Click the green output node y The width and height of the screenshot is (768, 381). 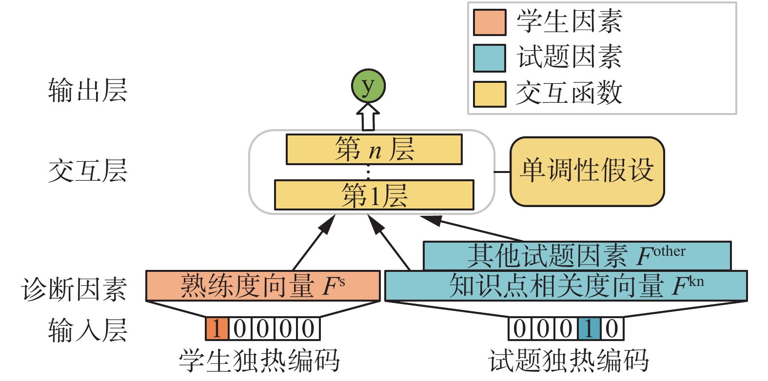368,86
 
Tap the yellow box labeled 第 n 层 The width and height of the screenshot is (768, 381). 374,150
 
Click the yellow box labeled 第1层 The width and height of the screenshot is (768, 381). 374,195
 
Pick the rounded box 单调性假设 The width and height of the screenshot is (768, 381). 587,171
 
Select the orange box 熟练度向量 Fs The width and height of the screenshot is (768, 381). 263,286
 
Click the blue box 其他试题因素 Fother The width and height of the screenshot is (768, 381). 577,255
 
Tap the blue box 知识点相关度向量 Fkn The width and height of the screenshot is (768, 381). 566,286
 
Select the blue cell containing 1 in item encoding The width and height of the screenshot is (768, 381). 589,329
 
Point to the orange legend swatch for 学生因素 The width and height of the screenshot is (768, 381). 489,22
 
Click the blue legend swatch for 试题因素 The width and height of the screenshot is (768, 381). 489,58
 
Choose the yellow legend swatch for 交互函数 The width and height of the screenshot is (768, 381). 489,94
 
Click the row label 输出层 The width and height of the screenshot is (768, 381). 88,91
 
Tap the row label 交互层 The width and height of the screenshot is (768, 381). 88,171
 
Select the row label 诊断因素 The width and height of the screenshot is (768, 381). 74,289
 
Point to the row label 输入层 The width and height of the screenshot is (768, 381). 88,330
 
